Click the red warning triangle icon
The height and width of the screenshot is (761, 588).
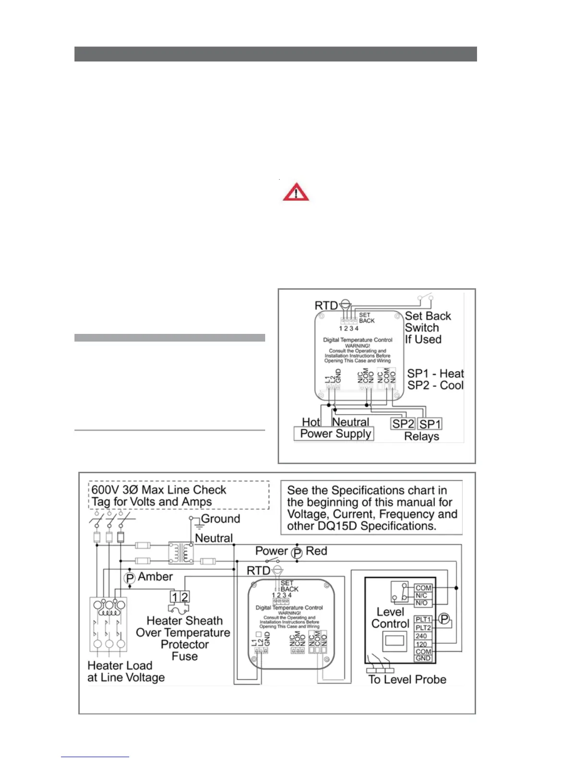coord(296,192)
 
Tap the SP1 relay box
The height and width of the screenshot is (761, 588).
coord(430,424)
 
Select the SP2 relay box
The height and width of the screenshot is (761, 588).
coord(403,424)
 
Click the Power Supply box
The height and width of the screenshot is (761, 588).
coord(335,434)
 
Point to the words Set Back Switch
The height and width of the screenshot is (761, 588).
coord(428,322)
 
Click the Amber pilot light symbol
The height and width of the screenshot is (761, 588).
coord(130,578)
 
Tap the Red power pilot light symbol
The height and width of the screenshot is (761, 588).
coord(297,553)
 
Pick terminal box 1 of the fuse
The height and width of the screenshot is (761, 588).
coord(175,597)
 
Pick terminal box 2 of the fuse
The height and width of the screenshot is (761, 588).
coord(184,597)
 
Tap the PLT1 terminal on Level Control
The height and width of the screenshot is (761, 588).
coord(423,619)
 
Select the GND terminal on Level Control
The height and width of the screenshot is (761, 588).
coord(423,658)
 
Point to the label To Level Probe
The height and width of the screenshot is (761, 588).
coord(407,679)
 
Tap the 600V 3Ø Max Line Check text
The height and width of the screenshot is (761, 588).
coord(159,490)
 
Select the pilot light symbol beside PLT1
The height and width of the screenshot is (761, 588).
coord(444,619)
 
